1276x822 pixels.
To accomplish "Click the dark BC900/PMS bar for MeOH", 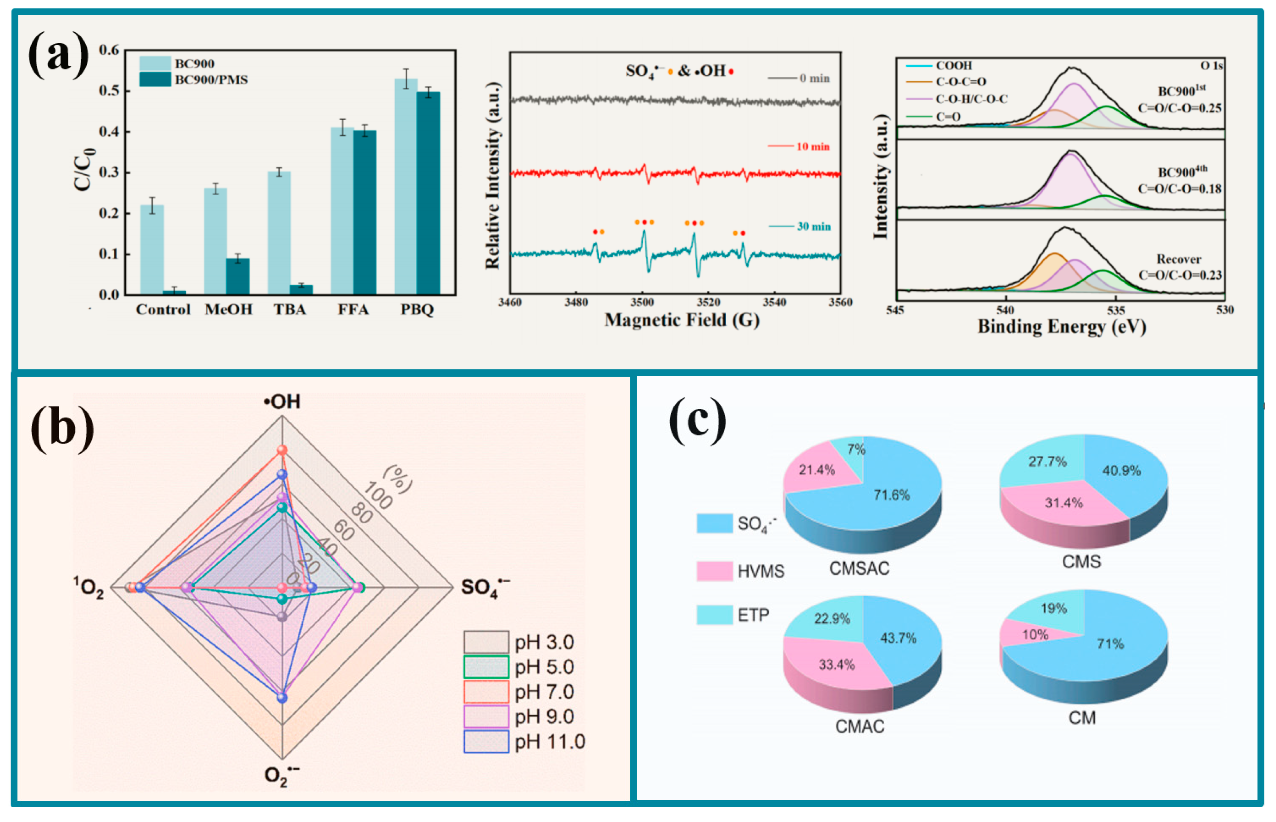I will pyautogui.click(x=238, y=277).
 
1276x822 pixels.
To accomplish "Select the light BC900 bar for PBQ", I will pyautogui.click(x=406, y=187).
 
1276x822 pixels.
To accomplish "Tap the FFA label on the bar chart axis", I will pyautogui.click(x=353, y=309).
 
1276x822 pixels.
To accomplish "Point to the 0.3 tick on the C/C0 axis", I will pyautogui.click(x=109, y=172).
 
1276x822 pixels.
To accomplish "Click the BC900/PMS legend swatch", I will pyautogui.click(x=155, y=79).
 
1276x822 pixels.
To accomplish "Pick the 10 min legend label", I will pyautogui.click(x=812, y=146).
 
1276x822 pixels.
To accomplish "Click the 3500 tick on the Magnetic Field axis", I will pyautogui.click(x=642, y=302).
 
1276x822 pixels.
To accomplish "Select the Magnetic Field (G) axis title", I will pyautogui.click(x=682, y=320).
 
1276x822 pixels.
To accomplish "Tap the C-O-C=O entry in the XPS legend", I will pyautogui.click(x=961, y=82).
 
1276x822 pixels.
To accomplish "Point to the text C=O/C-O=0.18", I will pyautogui.click(x=1179, y=189).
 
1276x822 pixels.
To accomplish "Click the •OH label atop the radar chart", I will pyautogui.click(x=282, y=401).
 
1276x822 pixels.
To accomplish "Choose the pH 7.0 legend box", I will pyautogui.click(x=486, y=692).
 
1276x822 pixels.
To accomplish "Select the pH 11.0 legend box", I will pyautogui.click(x=486, y=742).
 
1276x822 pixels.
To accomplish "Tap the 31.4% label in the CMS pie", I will pyautogui.click(x=1064, y=503).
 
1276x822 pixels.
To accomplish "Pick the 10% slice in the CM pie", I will pyautogui.click(x=1028, y=635).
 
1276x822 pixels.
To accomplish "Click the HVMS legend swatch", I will pyautogui.click(x=714, y=571).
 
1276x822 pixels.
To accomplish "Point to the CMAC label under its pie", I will pyautogui.click(x=859, y=727).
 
